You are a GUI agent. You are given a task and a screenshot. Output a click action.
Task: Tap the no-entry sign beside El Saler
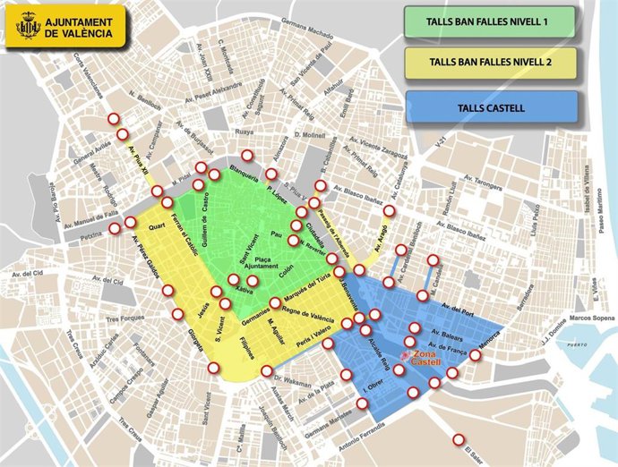[x=459, y=439]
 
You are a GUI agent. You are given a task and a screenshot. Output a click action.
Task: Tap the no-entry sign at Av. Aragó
[x=389, y=211]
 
